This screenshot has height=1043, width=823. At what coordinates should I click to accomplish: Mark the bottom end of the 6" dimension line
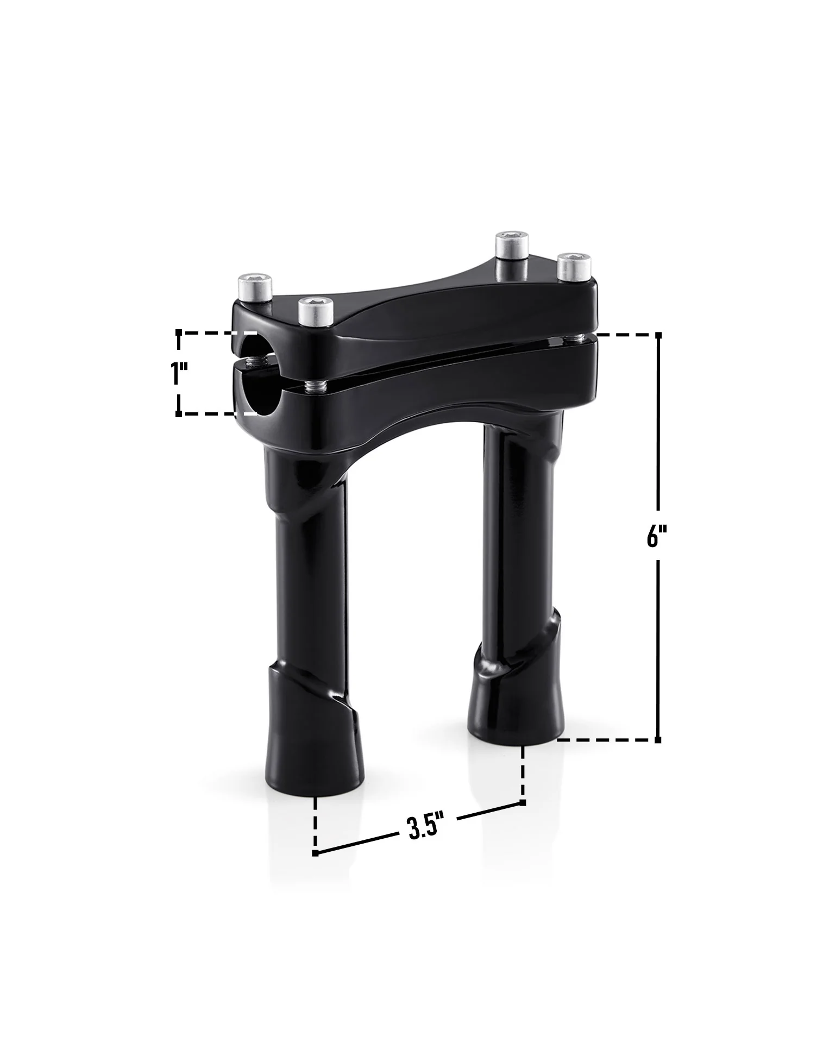658,740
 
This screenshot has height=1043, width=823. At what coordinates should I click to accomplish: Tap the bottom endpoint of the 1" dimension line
179,414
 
